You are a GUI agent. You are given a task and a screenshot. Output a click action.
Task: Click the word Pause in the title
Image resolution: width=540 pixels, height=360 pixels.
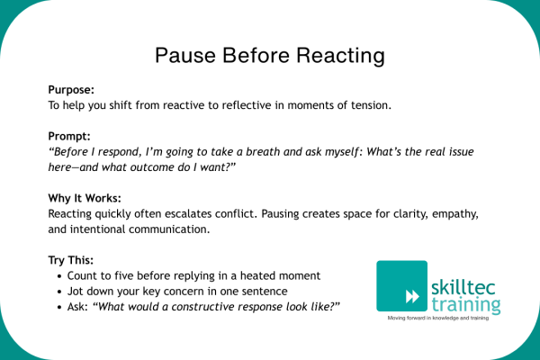(x=185, y=55)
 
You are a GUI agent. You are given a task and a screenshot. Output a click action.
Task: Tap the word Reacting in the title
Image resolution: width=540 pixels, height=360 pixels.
(x=340, y=57)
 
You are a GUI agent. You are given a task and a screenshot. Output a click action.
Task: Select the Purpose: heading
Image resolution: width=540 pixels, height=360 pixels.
(x=71, y=90)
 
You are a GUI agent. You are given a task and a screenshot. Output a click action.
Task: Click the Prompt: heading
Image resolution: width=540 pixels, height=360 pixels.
(x=69, y=137)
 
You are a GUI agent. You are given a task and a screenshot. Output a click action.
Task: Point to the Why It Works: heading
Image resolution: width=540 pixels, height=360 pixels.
(x=85, y=198)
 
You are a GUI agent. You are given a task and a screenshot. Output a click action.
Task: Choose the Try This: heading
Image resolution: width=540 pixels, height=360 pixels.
(x=70, y=260)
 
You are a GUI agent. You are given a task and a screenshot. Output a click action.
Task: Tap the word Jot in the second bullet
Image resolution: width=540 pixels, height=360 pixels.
(x=75, y=292)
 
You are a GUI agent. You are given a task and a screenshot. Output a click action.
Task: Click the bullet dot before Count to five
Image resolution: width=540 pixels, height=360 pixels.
(x=60, y=276)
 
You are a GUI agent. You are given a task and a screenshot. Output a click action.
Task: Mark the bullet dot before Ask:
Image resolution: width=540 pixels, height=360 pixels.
(x=60, y=307)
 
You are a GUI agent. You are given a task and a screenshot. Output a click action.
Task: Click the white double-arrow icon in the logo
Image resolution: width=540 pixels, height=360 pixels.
(x=412, y=297)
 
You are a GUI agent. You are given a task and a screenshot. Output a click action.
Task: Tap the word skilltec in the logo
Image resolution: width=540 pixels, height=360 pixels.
(x=463, y=287)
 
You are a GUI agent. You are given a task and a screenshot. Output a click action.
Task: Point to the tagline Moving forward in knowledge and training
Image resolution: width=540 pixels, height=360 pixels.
(x=438, y=318)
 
